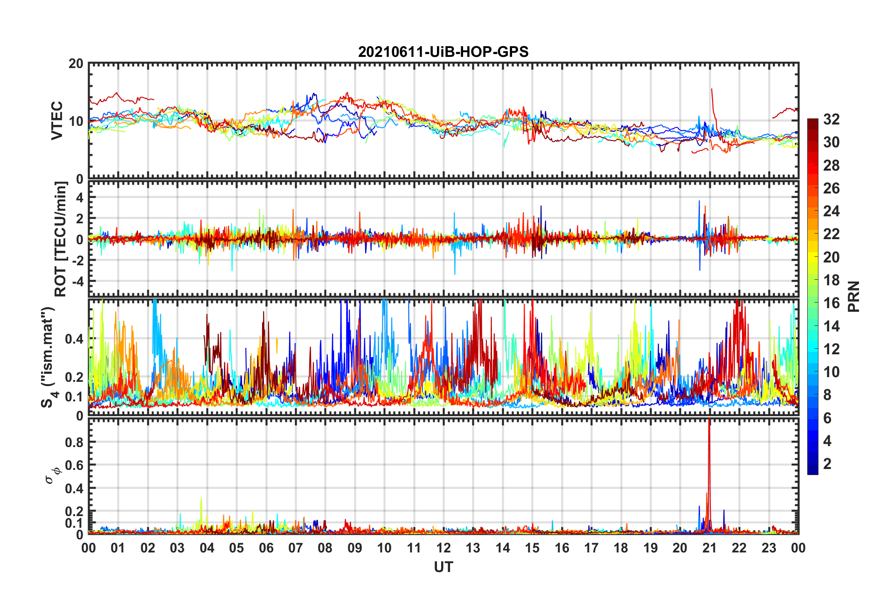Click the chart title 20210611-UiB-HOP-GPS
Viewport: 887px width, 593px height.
[x=443, y=52]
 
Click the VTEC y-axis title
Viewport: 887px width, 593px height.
[x=56, y=120]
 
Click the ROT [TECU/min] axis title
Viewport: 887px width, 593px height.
[x=60, y=239]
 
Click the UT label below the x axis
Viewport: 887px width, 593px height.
[x=443, y=567]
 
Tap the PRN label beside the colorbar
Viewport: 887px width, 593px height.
[x=854, y=296]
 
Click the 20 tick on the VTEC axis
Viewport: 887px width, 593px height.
[x=76, y=64]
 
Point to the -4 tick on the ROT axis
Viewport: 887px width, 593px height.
[x=77, y=282]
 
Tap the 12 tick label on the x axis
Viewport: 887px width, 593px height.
[x=443, y=548]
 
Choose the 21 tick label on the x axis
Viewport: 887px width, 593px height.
[x=709, y=548]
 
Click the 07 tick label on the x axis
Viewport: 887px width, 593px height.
[x=296, y=548]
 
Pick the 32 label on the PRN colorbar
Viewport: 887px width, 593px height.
[x=831, y=119]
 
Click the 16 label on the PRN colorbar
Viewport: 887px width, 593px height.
[x=831, y=303]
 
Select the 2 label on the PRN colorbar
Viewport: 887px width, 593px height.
[x=827, y=464]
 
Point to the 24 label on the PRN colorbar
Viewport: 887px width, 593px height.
[x=831, y=211]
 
